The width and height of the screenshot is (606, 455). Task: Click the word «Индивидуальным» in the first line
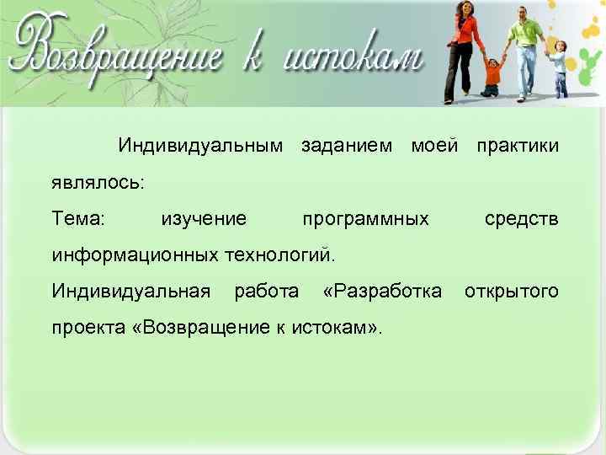(x=200, y=146)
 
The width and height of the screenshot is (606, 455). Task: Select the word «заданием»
(x=346, y=146)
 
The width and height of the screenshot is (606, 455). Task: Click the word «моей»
(x=433, y=146)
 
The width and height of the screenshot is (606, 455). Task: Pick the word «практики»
(x=517, y=146)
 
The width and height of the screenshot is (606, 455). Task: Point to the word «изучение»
(x=204, y=219)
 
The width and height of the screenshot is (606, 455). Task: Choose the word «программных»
(x=365, y=219)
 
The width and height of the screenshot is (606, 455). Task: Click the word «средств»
(x=521, y=219)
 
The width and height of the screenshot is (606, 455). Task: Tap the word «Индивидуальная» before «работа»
(x=130, y=292)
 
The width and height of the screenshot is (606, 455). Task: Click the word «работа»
(x=266, y=292)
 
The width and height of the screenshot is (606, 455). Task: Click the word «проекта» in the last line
(x=88, y=328)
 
